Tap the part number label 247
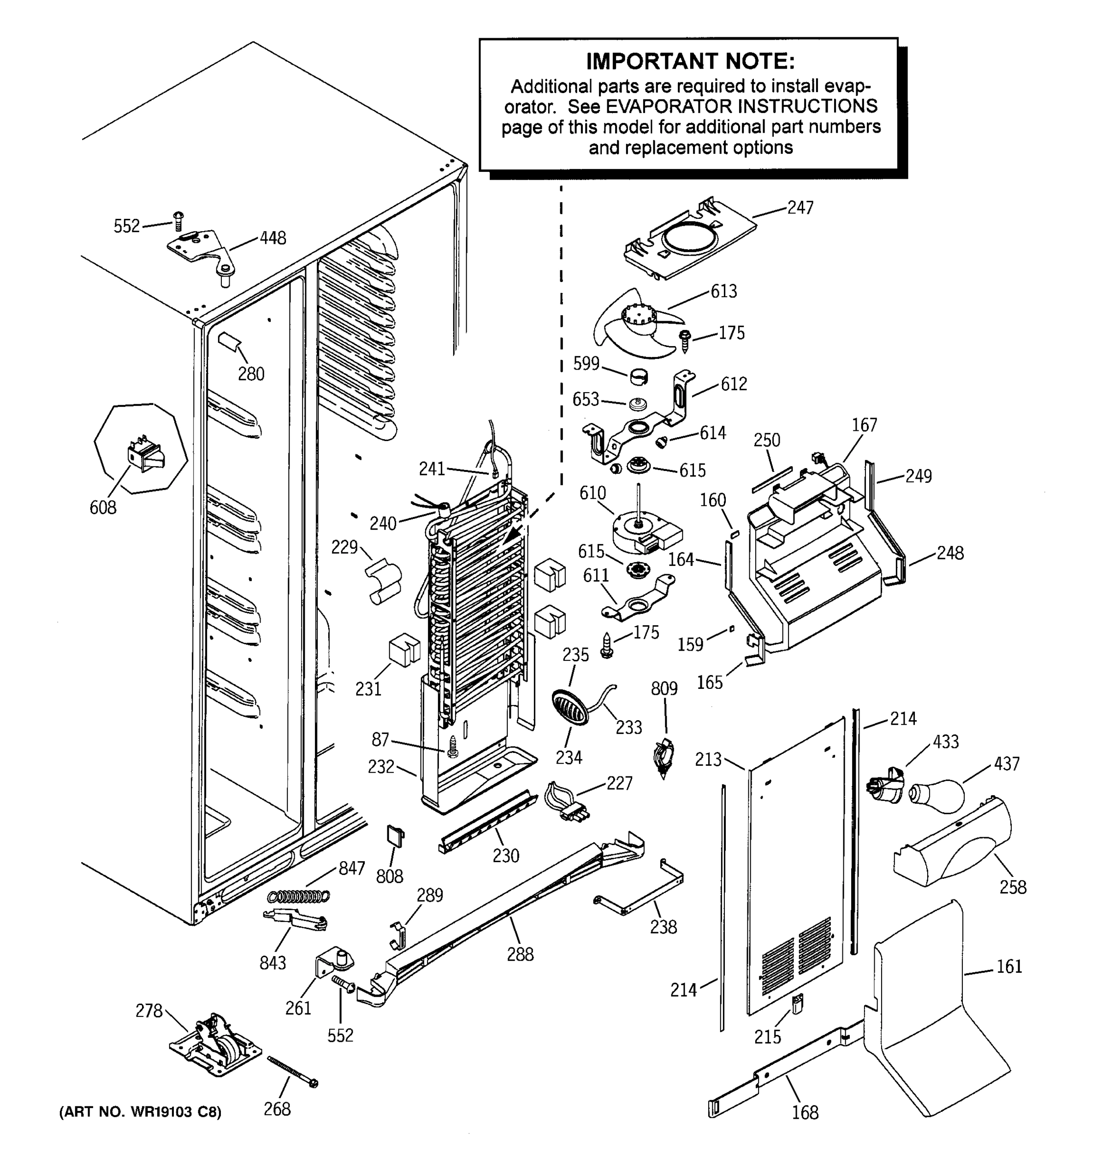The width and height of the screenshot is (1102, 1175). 800,208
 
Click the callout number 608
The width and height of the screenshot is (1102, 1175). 103,507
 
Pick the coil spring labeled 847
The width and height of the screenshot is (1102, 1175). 299,896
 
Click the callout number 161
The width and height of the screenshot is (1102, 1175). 1008,966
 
